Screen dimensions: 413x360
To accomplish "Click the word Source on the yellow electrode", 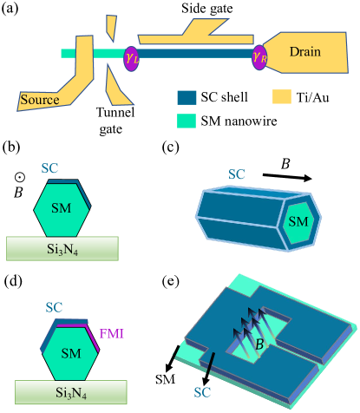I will coord(39,100).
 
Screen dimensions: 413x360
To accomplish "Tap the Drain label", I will coord(304,52).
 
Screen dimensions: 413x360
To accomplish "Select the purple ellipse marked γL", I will coord(131,58).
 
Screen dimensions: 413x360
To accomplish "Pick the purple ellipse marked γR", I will coord(259,58).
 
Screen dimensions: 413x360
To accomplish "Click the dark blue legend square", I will coord(187,97).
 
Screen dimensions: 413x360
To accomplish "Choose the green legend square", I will coord(187,121).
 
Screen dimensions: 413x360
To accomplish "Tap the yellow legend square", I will coord(282,96).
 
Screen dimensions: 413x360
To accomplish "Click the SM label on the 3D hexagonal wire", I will coord(298,221).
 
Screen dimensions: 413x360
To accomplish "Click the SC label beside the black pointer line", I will coord(201,391).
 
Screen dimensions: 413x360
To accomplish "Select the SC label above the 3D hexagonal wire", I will coord(236,174).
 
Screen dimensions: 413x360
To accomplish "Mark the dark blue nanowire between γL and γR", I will coord(195,54).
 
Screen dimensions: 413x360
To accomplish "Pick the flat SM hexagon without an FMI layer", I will coord(61,210).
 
